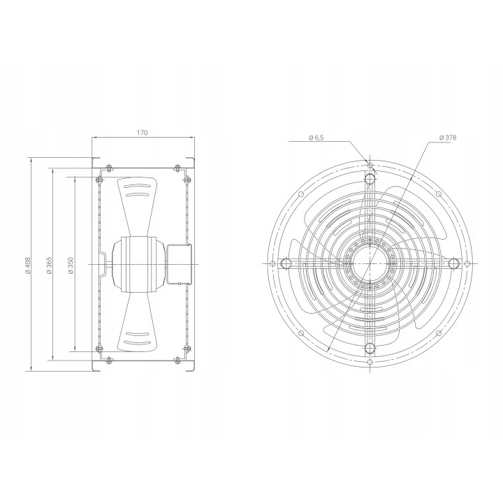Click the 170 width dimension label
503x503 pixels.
[142, 132]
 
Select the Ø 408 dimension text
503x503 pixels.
[28, 265]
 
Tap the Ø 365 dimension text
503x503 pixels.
[49, 265]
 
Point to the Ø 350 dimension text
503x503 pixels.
[71, 265]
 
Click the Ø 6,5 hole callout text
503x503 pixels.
[316, 138]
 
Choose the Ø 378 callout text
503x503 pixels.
[448, 138]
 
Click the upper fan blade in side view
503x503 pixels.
[138, 206]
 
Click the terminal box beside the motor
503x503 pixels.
[179, 264]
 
